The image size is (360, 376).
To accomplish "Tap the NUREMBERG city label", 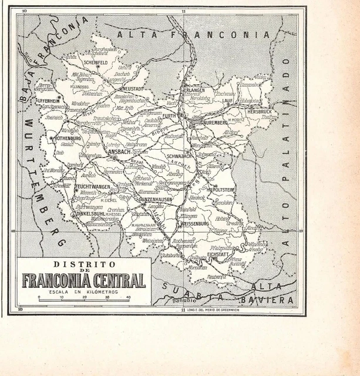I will click(x=215, y=123).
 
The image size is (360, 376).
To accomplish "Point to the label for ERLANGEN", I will click(x=194, y=90).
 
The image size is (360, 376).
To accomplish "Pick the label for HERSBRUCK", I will click(x=259, y=111).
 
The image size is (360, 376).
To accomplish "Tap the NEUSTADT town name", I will click(x=133, y=89).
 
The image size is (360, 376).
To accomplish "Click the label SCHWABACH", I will click(x=179, y=156).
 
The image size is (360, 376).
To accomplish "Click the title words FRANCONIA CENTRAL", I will click(x=83, y=280).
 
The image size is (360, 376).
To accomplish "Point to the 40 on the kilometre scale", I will click(x=129, y=297).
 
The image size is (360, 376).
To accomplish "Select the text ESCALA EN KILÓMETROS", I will click(x=83, y=291).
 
